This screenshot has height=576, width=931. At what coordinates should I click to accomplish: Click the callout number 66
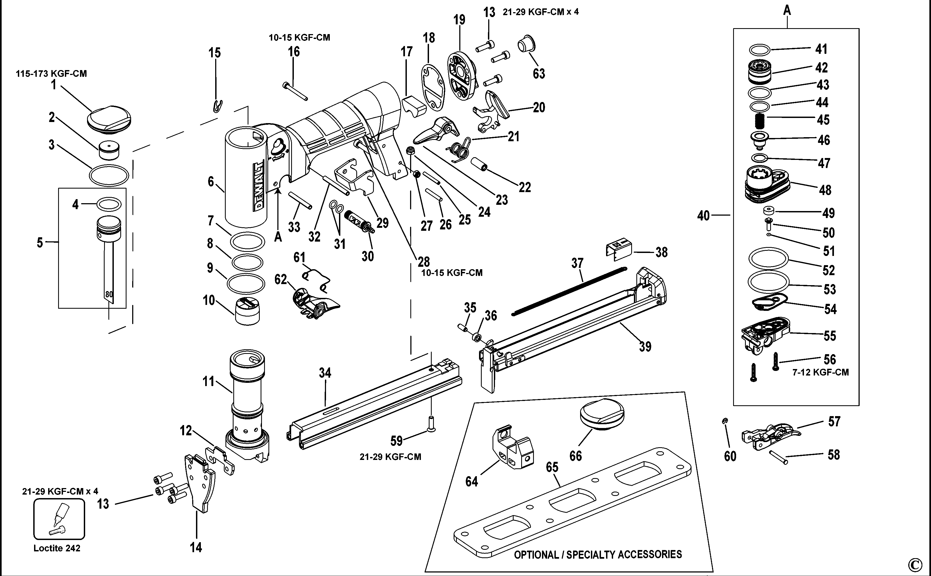pos(576,456)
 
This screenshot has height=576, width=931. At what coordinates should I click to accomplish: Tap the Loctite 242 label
pos(57,548)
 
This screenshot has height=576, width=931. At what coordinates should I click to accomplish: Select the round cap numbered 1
pos(109,120)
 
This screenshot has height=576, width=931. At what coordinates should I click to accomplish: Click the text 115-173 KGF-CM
pos(51,74)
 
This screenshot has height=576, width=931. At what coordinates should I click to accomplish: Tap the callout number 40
pos(703,216)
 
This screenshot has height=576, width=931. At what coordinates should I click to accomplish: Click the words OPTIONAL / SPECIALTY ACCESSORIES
pos(598,554)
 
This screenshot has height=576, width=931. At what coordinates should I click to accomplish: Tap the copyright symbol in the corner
pos(915,564)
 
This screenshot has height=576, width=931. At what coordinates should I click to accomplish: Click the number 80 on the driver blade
pos(109,294)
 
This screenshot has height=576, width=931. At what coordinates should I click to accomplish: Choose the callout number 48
pos(825,190)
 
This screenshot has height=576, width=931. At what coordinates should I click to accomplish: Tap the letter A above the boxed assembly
pos(787,10)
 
